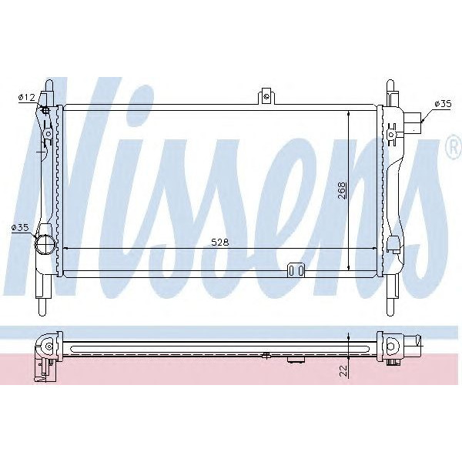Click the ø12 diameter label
(26, 97)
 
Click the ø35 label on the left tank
(20, 227)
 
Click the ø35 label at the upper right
(442, 102)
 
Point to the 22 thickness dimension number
(342, 370)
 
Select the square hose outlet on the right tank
(416, 122)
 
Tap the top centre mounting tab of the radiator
(266, 95)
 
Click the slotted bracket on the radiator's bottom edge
(296, 270)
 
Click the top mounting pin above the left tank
(49, 85)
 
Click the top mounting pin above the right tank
(390, 85)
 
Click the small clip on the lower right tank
(393, 244)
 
